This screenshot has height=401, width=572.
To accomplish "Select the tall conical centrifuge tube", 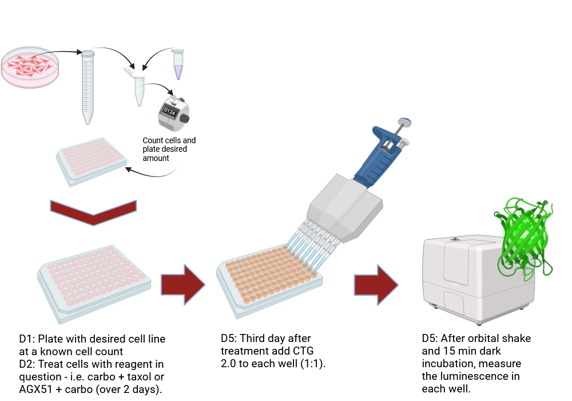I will tap(88, 86).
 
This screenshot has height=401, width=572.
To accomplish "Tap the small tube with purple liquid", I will tap(178, 64).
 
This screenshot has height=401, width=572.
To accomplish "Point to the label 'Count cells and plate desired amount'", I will tap(169, 149).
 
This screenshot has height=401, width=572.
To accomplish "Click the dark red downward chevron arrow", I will tap(94, 213).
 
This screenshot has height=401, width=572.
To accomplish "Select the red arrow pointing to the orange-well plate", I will tap(182, 284).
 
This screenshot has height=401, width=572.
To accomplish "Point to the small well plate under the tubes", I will tap(90, 160).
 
